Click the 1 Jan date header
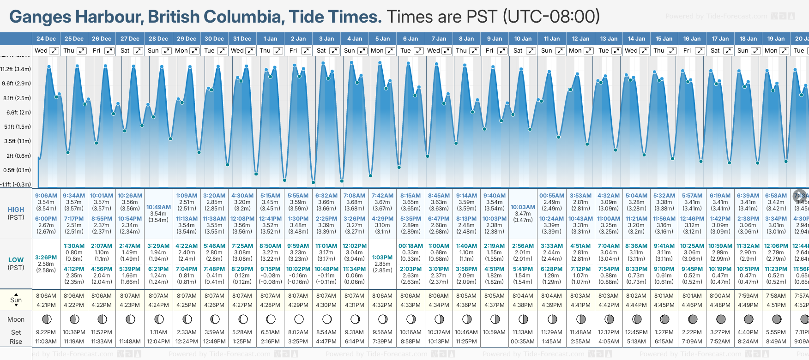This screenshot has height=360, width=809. click(x=270, y=39)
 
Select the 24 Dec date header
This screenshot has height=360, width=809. click(x=46, y=39)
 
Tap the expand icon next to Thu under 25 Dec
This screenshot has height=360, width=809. click(x=82, y=51)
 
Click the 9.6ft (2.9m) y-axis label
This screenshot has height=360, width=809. click(x=16, y=84)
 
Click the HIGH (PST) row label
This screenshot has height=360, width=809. click(x=16, y=213)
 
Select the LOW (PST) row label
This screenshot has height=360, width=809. click(x=16, y=264)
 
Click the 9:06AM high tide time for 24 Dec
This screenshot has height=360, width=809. click(x=46, y=196)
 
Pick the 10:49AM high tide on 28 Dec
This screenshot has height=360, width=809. click(x=158, y=207)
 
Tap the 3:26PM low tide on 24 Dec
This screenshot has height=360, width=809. click(x=46, y=258)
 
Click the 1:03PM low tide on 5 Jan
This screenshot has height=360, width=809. click(x=382, y=258)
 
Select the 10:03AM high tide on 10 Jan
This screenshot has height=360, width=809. click(x=523, y=207)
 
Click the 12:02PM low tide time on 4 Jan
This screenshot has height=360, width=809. click(x=354, y=246)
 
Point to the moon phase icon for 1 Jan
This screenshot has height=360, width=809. click(x=271, y=319)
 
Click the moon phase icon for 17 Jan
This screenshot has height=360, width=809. click(x=720, y=319)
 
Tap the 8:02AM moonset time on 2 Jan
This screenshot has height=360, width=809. click(x=298, y=332)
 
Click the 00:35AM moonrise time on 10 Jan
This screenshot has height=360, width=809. click(x=523, y=342)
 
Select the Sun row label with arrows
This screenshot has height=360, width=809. click(x=16, y=300)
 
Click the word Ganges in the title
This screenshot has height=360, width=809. click(x=41, y=17)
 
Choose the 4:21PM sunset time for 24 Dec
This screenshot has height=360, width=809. click(x=46, y=305)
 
